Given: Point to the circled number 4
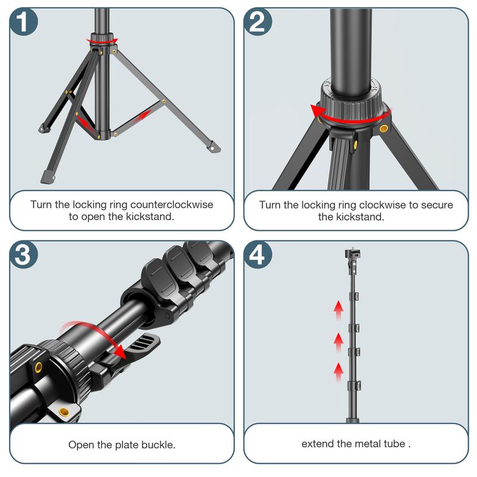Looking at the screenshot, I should tap(258, 255).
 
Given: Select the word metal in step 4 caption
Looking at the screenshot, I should tap(371, 444).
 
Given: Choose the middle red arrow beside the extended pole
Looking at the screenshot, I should tap(339, 342).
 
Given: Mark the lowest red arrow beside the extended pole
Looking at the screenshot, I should tap(339, 371).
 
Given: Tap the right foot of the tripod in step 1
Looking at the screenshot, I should tap(210, 145).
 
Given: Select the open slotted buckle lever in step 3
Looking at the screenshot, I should tap(143, 345).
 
